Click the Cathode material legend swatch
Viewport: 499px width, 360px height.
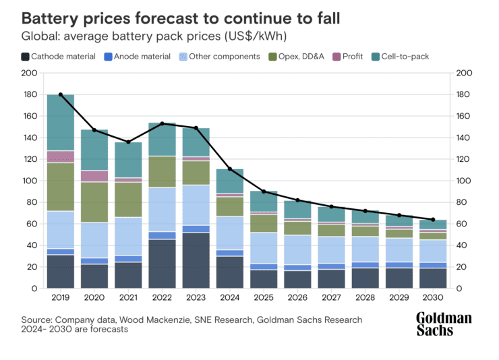[25, 57]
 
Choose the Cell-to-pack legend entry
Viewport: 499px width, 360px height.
[404, 57]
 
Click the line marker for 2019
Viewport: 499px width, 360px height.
[61, 94]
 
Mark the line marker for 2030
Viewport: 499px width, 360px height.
[434, 219]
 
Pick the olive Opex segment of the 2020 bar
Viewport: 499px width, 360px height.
[94, 202]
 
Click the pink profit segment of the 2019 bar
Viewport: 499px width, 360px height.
[61, 156]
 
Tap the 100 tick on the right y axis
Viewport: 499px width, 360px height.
[465, 181]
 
